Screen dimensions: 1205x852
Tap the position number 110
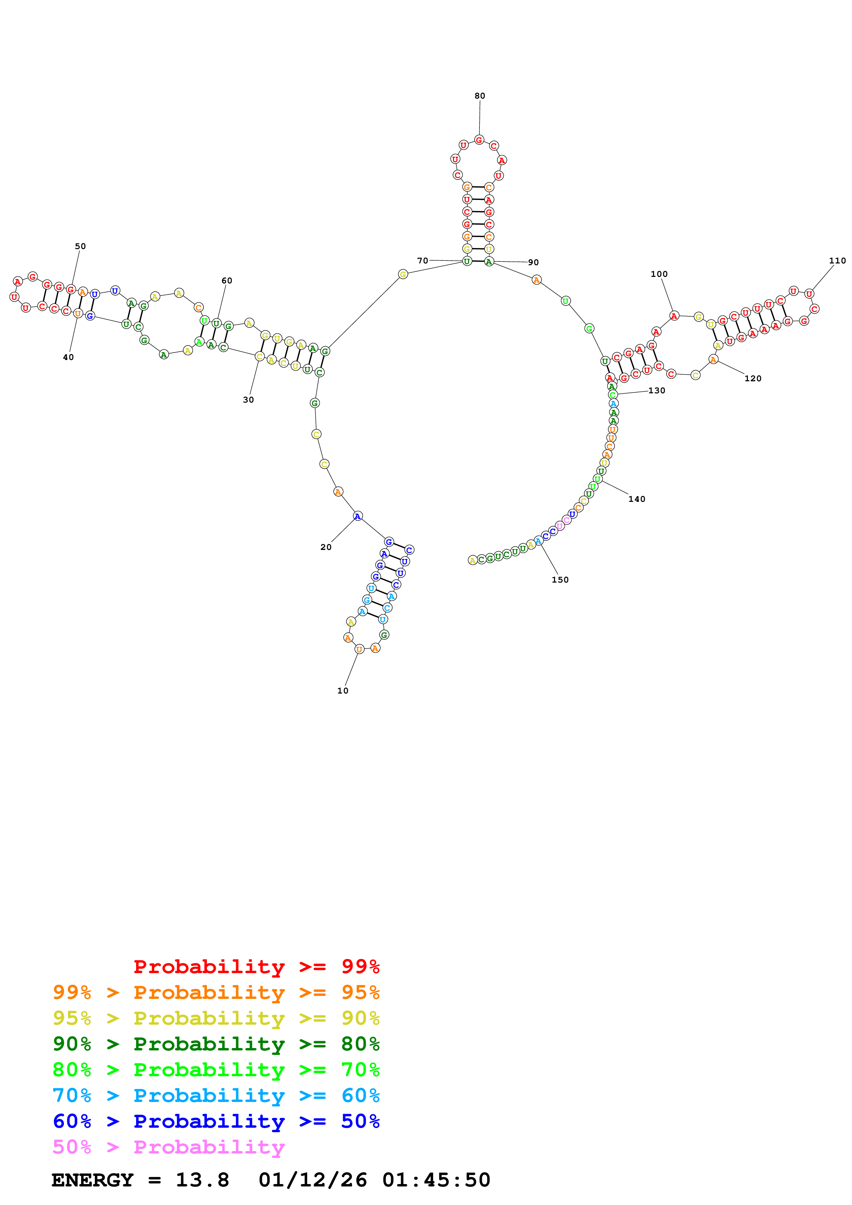click(x=837, y=261)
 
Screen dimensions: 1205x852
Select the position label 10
click(x=342, y=691)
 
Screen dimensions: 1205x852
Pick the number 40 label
click(x=68, y=357)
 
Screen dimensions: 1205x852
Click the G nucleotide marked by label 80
click(x=479, y=139)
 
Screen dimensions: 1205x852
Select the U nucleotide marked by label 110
click(x=809, y=294)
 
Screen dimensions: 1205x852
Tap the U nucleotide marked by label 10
click(x=359, y=649)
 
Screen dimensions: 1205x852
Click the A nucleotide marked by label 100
click(x=674, y=315)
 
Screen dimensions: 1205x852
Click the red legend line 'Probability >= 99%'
click(x=256, y=967)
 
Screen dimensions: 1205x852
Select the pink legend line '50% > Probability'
click(x=168, y=1147)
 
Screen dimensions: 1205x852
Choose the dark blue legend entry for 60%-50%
click(x=216, y=1122)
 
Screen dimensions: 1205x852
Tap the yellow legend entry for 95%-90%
click(x=216, y=1018)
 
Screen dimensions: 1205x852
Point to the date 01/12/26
click(x=312, y=1180)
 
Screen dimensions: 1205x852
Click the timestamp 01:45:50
click(x=436, y=1180)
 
